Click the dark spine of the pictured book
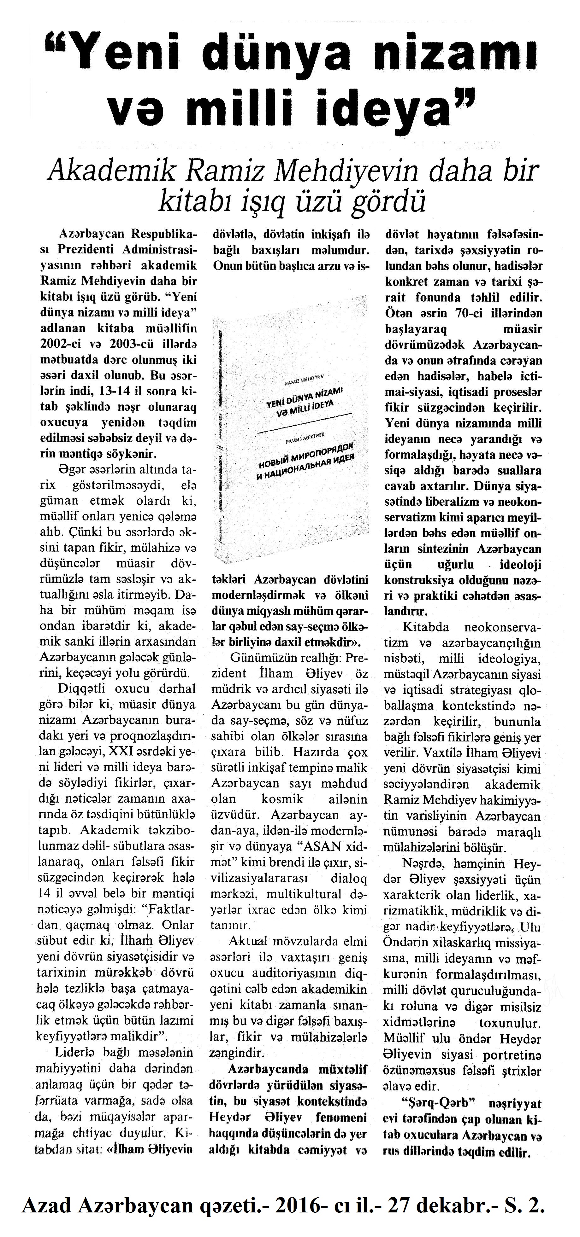[x=221, y=432]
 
